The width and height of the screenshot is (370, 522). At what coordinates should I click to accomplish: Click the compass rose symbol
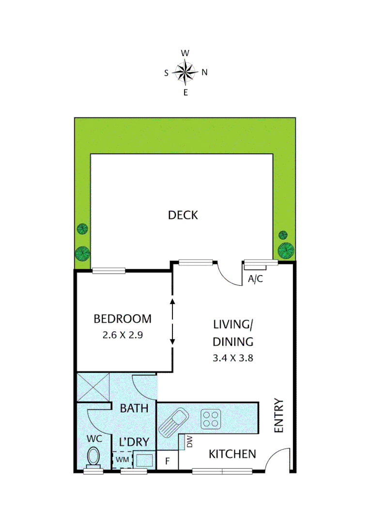185,72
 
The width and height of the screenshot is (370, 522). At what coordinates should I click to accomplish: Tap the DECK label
183,215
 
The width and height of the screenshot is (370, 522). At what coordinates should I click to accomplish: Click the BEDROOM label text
123,319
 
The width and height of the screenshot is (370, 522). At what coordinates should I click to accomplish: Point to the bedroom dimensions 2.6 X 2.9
123,334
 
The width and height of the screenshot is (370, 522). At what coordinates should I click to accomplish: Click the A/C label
255,279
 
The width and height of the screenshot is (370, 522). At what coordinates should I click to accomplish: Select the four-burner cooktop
211,418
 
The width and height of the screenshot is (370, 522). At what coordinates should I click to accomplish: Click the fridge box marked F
168,461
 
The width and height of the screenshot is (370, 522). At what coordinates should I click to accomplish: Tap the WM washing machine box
122,460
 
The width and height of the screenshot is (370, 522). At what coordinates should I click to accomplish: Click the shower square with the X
93,387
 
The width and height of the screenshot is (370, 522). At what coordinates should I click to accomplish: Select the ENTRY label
278,416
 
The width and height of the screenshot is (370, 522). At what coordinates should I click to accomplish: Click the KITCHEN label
232,454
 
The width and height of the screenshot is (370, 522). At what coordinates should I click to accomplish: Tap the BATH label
134,408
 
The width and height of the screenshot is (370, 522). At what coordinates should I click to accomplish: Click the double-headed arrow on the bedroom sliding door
172,322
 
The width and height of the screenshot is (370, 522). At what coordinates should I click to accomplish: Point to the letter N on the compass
204,72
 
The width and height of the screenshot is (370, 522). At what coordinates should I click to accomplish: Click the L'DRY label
134,442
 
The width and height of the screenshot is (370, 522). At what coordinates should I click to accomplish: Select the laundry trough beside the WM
144,460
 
